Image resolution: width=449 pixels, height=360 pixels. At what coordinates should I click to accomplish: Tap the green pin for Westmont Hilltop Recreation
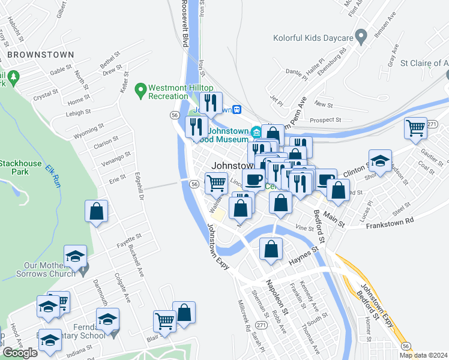(x=140, y=91)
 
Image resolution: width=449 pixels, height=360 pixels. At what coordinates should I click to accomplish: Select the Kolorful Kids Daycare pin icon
(x=361, y=38)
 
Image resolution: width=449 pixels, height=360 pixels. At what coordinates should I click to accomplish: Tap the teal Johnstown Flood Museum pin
(x=256, y=131)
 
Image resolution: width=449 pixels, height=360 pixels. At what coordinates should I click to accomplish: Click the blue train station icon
(x=238, y=110)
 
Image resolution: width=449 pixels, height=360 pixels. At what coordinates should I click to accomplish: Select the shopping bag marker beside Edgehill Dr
(x=96, y=212)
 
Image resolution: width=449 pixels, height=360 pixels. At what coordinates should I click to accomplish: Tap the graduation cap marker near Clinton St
(x=380, y=161)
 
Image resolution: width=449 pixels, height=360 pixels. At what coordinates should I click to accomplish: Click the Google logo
(x=20, y=352)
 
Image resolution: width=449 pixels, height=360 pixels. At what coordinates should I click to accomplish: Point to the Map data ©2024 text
(x=424, y=355)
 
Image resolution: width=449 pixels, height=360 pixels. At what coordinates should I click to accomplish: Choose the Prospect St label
(x=326, y=120)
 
